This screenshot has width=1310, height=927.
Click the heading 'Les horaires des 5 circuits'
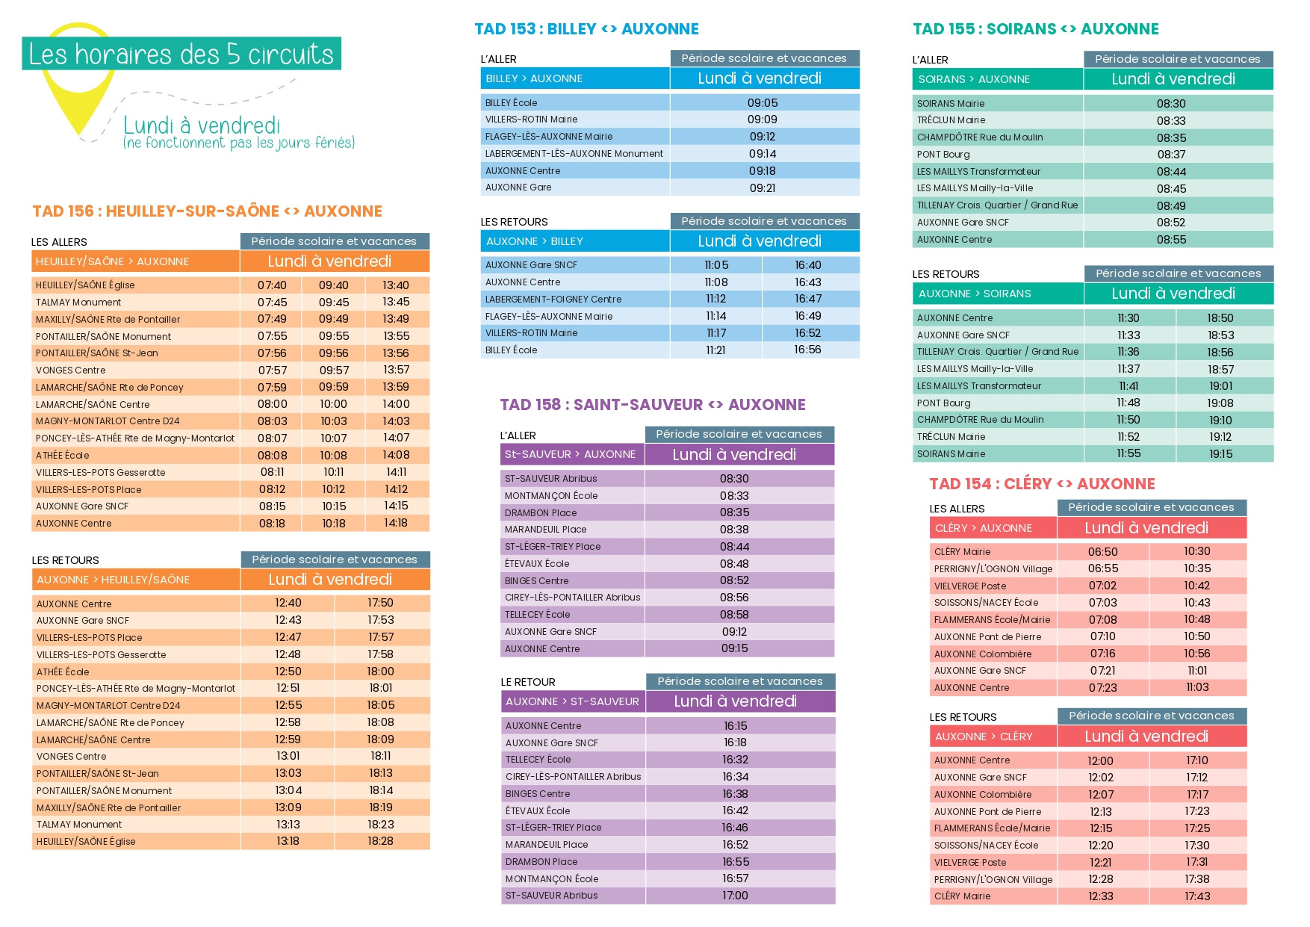(x=181, y=54)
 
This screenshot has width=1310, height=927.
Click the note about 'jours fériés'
(x=239, y=143)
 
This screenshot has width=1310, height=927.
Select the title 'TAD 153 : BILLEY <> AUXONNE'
(x=586, y=29)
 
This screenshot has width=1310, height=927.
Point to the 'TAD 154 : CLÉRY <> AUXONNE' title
(x=1042, y=484)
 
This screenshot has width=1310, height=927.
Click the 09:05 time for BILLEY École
(x=763, y=103)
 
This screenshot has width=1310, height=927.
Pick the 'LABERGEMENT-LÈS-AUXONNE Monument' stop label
(x=574, y=154)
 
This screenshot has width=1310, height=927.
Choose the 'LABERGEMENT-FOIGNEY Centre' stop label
(x=553, y=300)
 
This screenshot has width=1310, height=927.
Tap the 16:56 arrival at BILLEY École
(x=807, y=350)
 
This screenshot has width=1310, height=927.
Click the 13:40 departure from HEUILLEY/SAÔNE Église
(x=396, y=285)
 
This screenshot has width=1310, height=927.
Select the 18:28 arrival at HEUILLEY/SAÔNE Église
(x=380, y=841)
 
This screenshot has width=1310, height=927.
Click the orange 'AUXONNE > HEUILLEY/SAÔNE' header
(x=114, y=580)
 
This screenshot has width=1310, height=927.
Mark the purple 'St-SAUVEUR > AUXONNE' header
(x=570, y=454)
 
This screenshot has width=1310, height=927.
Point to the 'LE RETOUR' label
(x=528, y=682)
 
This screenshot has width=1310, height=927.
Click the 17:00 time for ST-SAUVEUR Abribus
(x=735, y=896)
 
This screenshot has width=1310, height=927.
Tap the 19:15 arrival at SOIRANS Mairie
(x=1220, y=454)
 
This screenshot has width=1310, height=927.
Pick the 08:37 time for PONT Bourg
(x=1171, y=155)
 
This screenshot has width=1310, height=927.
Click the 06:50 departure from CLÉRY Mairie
(x=1102, y=552)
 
